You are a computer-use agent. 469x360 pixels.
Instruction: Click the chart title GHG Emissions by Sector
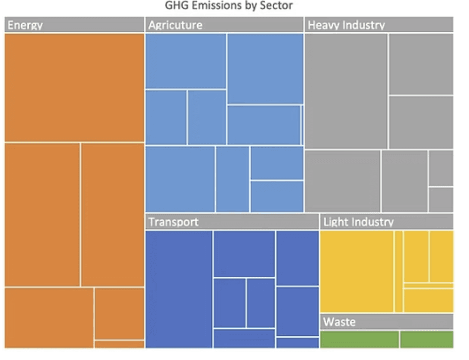(x=228, y=7)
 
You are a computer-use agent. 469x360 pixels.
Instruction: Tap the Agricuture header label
(x=175, y=25)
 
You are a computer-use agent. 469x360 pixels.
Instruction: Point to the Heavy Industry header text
(x=346, y=25)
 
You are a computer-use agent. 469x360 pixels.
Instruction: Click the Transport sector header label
(x=173, y=222)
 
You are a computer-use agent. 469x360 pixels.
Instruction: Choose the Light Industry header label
(x=358, y=222)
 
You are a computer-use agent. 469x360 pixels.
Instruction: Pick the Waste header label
(x=339, y=322)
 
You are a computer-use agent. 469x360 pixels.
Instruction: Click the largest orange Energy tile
(x=74, y=87)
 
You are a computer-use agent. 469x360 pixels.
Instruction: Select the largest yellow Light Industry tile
(x=357, y=271)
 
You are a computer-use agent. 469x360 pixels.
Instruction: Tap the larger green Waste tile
(x=360, y=339)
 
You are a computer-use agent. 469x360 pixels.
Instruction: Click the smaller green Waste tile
(x=427, y=339)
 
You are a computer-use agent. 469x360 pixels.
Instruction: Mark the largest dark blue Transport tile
(x=179, y=289)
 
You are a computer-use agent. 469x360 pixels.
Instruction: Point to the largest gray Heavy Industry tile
(x=346, y=91)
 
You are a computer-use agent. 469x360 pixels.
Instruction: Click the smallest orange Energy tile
(x=119, y=344)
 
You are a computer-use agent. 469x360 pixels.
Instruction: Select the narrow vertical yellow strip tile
(x=398, y=271)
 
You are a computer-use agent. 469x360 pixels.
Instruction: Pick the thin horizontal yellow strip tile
(x=428, y=286)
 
